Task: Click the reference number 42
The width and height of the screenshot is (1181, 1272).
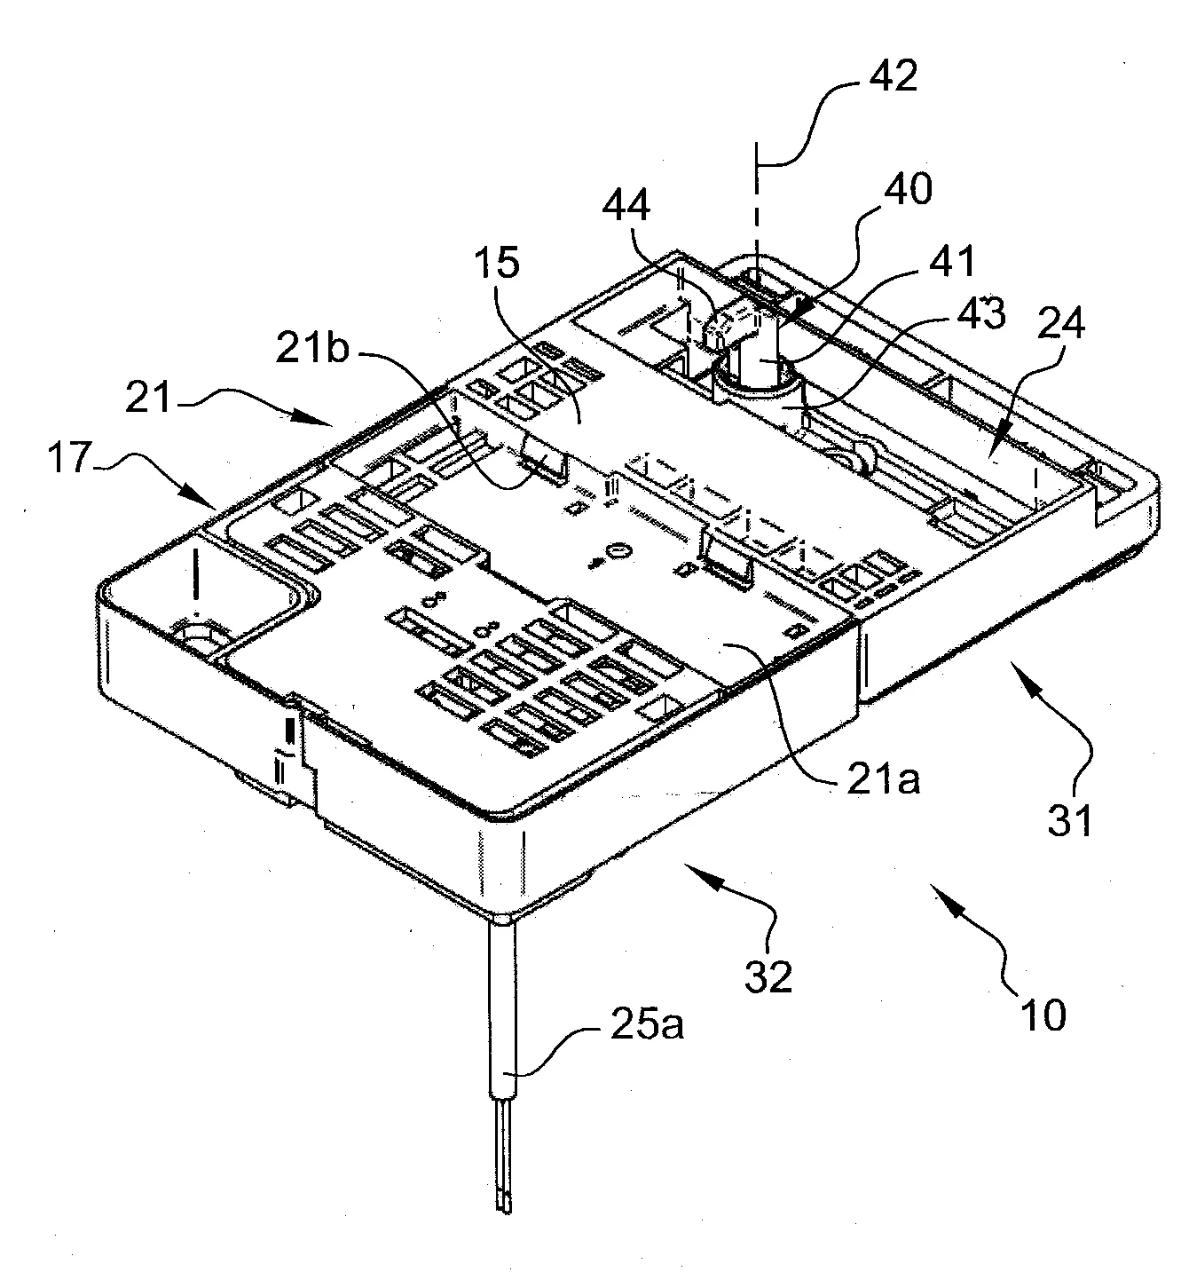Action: click(893, 75)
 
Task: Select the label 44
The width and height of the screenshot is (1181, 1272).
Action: click(626, 205)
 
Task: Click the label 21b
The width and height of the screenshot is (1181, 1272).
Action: click(312, 349)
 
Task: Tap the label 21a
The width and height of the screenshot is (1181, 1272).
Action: click(883, 780)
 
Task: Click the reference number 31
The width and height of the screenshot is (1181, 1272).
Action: click(1069, 820)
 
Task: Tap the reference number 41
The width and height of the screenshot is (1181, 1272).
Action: click(952, 262)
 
